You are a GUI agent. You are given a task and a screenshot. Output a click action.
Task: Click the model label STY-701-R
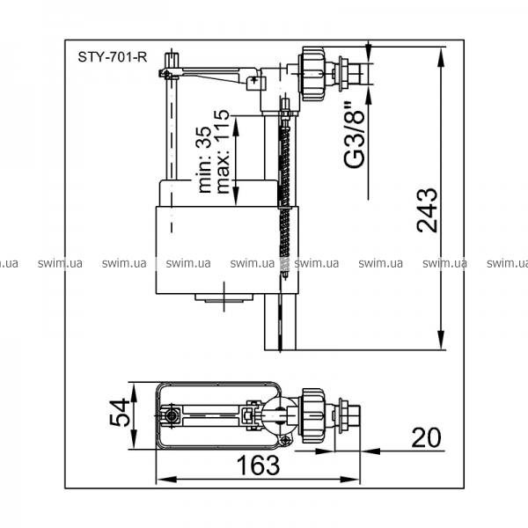point(113,57)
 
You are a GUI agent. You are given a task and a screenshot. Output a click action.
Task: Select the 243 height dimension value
point(428,210)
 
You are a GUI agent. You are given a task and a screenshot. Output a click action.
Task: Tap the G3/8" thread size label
point(355,134)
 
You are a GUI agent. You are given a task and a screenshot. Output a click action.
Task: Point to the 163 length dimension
point(258,465)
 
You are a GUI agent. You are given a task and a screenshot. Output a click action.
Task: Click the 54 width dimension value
point(120,412)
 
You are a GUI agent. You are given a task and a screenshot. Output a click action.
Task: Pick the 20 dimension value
point(426,437)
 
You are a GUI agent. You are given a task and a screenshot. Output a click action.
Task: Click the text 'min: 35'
point(205,159)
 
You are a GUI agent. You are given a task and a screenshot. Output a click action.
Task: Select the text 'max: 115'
point(223,152)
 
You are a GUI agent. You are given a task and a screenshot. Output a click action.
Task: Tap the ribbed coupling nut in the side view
point(312,73)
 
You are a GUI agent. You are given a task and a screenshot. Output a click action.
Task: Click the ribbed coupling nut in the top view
point(313,412)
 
